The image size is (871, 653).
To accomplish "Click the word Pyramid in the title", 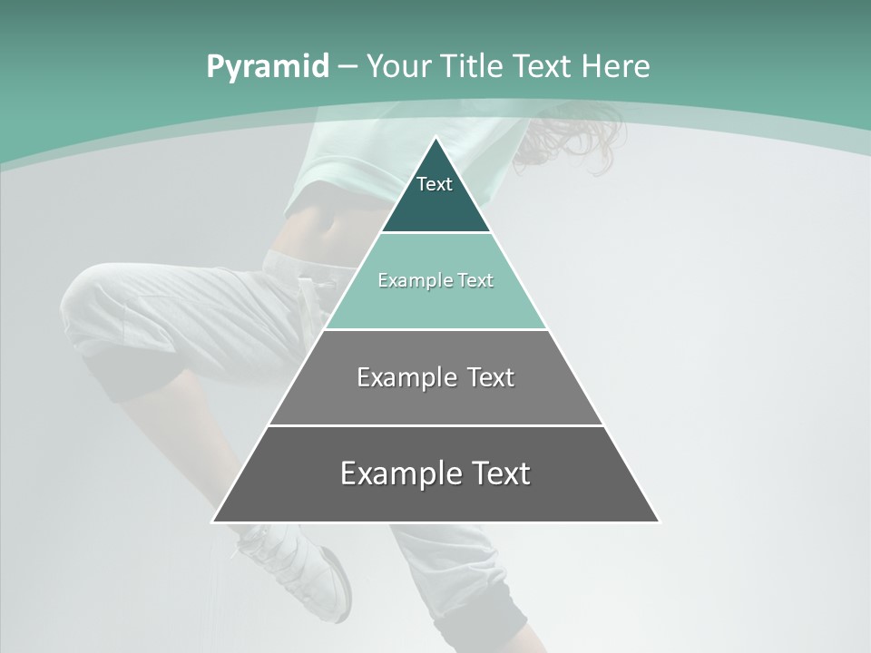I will [x=267, y=66].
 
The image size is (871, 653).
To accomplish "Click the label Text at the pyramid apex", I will [x=435, y=184].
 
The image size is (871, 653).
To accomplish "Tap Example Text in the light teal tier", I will [x=435, y=280].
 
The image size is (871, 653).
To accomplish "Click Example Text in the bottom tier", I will [x=435, y=473].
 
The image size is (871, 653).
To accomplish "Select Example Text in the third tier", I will [x=435, y=377].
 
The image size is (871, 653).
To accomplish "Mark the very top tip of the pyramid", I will [x=436, y=138].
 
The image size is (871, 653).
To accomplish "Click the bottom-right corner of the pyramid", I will [x=659, y=521].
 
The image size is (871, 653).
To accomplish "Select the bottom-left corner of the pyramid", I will [x=213, y=521].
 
